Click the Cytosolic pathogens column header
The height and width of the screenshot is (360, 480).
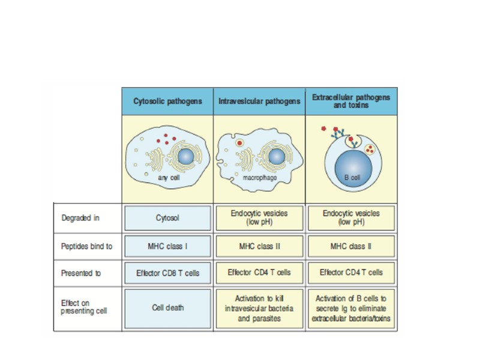click(x=167, y=101)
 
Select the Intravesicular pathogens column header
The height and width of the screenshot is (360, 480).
click(x=259, y=101)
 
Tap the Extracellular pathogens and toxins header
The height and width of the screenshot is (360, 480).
click(x=351, y=100)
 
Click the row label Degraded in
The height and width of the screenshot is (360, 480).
click(x=80, y=218)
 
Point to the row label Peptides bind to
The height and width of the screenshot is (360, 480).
click(x=87, y=246)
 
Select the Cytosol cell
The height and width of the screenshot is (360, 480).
click(x=167, y=218)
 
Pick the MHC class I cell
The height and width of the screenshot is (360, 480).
click(x=167, y=246)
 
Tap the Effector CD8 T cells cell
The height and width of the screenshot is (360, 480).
click(x=167, y=273)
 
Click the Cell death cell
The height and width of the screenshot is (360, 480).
click(x=167, y=308)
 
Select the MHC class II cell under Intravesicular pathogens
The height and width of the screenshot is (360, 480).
click(x=259, y=246)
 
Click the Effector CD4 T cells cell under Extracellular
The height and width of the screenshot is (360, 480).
click(x=351, y=272)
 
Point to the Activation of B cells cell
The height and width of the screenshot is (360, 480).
click(x=351, y=308)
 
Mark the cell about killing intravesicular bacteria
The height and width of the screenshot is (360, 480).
click(x=259, y=308)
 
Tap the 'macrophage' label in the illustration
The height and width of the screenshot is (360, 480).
click(x=259, y=178)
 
